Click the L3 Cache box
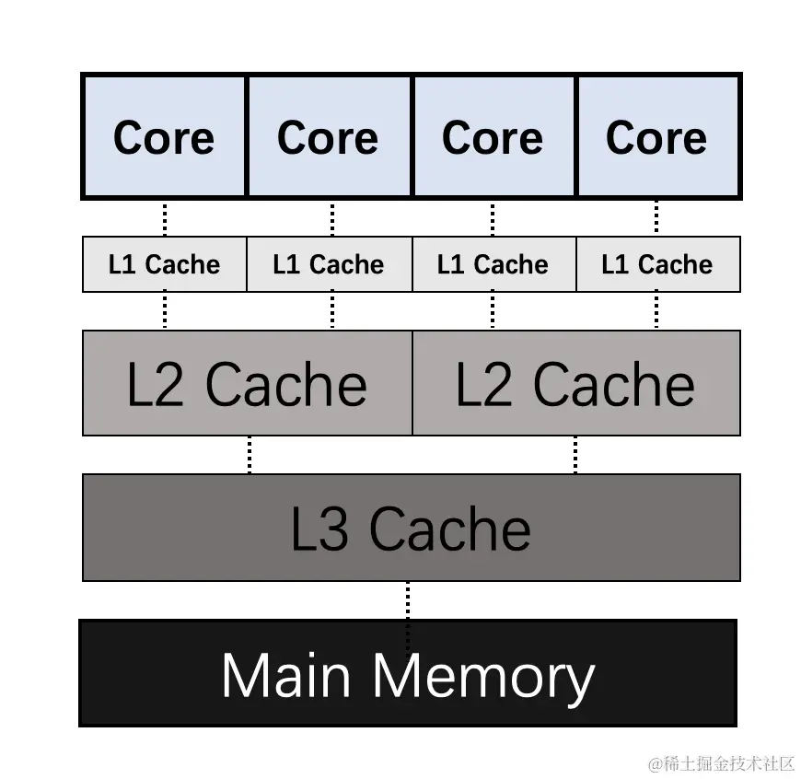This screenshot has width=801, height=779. [x=411, y=528]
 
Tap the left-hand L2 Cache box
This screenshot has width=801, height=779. [x=247, y=383]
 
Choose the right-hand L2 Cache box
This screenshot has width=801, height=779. [x=575, y=383]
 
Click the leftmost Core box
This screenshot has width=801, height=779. [x=164, y=137]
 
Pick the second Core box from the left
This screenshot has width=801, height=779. [x=329, y=137]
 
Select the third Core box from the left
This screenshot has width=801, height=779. [x=493, y=137]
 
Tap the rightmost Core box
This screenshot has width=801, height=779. [x=657, y=137]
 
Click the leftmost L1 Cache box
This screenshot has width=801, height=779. [x=164, y=265]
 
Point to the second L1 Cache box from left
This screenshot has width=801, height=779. [x=329, y=265]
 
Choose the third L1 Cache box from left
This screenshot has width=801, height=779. [x=493, y=265]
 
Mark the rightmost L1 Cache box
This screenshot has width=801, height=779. [x=657, y=265]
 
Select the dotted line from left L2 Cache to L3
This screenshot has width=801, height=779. [x=250, y=455]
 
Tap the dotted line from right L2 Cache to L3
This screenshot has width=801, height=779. [x=575, y=455]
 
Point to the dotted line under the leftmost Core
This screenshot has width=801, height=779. [x=165, y=218]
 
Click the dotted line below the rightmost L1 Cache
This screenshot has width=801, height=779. [x=656, y=310]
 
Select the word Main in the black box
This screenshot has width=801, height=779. [x=286, y=675]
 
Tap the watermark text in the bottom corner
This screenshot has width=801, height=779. [x=721, y=763]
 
